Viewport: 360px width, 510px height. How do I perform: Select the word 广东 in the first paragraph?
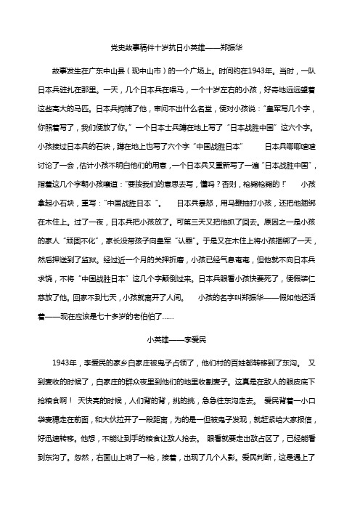click(x=95, y=73)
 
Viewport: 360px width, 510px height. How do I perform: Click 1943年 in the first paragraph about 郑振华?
click(x=289, y=73)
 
